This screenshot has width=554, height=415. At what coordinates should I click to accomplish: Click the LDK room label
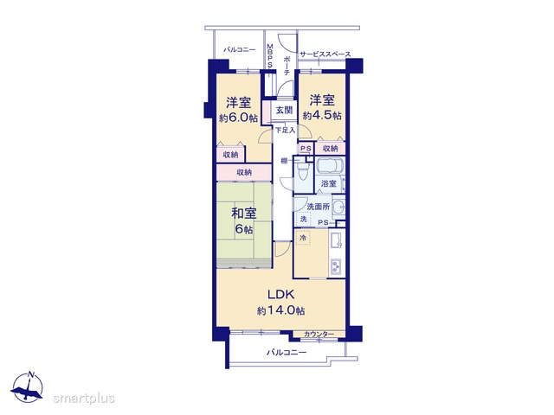(280, 294)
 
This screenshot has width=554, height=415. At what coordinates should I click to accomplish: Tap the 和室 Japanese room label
(244, 214)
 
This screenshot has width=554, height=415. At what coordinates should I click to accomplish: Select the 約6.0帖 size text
(238, 118)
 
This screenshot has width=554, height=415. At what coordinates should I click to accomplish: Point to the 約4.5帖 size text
(322, 115)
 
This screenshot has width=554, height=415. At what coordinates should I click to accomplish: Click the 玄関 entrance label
(285, 110)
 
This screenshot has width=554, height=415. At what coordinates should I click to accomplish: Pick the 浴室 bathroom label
(329, 183)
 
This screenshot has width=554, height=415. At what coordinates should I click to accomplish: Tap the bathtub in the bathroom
(331, 167)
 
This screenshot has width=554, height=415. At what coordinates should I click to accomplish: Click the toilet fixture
(303, 173)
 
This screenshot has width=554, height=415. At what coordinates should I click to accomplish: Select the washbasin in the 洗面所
(338, 207)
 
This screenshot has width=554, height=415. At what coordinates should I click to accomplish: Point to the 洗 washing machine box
(303, 219)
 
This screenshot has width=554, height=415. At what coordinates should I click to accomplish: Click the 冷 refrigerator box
(303, 238)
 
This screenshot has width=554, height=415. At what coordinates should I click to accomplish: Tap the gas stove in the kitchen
(336, 267)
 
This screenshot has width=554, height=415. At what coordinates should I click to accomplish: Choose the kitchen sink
(336, 241)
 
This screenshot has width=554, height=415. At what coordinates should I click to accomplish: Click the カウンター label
(319, 334)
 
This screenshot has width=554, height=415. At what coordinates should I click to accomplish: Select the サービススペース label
(325, 54)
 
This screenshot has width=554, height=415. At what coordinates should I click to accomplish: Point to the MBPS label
(270, 55)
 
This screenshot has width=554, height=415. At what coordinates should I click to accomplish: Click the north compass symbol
(28, 387)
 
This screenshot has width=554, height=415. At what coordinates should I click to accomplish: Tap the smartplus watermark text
(84, 399)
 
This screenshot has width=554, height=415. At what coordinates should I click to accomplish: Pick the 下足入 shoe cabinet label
(285, 131)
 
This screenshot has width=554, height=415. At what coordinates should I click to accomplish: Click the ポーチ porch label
(287, 66)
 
